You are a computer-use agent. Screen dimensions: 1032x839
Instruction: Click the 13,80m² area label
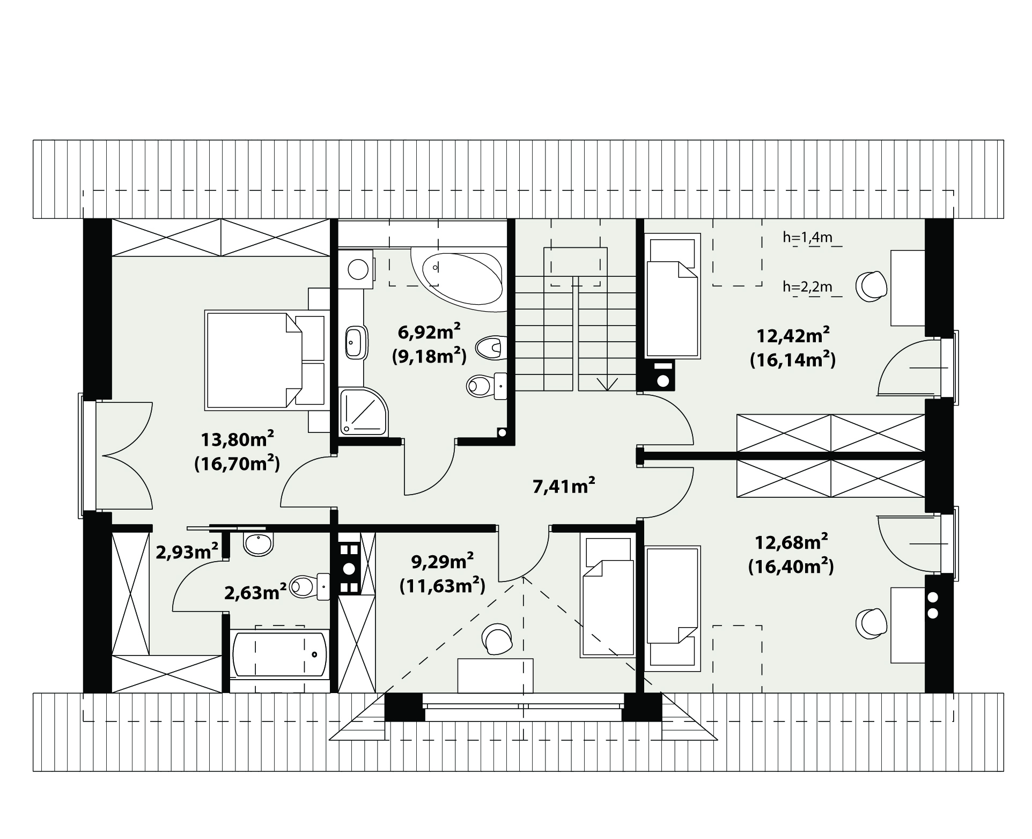point(238,440)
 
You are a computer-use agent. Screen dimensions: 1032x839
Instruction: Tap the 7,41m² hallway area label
point(564,487)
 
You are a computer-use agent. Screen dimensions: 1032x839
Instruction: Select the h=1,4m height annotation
point(807,237)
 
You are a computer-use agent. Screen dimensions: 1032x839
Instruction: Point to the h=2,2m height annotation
point(807,287)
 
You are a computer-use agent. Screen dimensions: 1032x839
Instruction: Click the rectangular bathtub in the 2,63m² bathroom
point(279,654)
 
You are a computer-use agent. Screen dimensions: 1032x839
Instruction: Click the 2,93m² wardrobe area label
point(187,551)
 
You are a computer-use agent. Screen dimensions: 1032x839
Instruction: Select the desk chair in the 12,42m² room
point(870,286)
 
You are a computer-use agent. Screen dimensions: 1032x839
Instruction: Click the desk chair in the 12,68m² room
point(870,624)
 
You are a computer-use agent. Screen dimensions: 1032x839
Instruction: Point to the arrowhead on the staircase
point(608,383)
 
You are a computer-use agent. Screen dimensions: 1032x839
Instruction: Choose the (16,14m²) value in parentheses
point(792,359)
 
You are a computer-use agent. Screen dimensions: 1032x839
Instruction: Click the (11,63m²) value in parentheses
point(443,585)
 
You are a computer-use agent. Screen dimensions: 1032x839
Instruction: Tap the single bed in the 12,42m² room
point(672,296)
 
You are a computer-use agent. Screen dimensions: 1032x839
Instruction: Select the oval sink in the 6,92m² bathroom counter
point(355,342)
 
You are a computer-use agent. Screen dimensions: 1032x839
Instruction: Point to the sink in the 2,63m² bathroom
point(258,543)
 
